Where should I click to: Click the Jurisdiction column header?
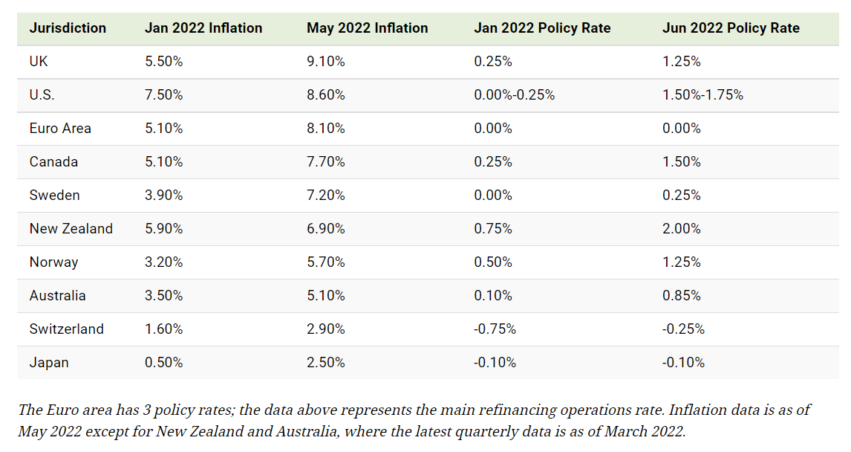click(x=68, y=28)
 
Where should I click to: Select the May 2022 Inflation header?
click(x=367, y=28)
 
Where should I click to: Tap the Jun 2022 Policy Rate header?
click(x=731, y=28)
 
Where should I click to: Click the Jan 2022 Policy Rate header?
click(x=542, y=28)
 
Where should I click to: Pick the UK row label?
click(x=39, y=62)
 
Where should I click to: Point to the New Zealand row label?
click(x=71, y=229)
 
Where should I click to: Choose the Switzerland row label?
click(x=67, y=329)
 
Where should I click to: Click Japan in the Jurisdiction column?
click(x=49, y=363)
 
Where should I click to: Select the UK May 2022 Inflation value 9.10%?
click(x=326, y=62)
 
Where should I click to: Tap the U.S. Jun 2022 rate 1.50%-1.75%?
click(x=702, y=95)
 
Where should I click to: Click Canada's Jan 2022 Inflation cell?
click(x=164, y=162)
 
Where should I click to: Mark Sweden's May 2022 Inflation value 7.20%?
click(x=326, y=196)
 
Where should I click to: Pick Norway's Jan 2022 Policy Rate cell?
click(x=493, y=262)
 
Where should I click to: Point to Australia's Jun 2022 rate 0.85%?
click(x=682, y=296)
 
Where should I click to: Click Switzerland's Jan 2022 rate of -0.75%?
click(x=495, y=329)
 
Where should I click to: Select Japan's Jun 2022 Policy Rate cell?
click(x=683, y=363)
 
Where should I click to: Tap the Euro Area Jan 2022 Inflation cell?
click(x=164, y=129)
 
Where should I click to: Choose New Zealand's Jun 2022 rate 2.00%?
click(x=682, y=229)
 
